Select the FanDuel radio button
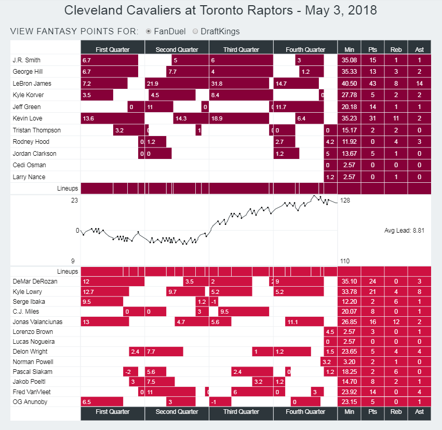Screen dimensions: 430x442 (x=149, y=31)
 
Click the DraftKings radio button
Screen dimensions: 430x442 (x=195, y=31)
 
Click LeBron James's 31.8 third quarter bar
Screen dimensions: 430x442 (x=238, y=84)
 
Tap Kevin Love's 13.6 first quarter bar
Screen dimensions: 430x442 (x=112, y=119)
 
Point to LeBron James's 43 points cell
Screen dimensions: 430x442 (x=372, y=84)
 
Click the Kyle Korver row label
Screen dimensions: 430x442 (x=28, y=96)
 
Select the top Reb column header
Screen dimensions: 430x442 (x=396, y=49)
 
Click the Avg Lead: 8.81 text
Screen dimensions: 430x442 (x=404, y=231)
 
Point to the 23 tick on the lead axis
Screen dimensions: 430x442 (x=74, y=200)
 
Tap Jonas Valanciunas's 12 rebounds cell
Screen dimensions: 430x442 (x=396, y=322)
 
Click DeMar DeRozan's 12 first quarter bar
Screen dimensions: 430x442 (x=112, y=281)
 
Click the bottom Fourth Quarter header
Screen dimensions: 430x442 (x=305, y=412)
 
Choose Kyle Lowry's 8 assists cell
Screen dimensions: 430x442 (x=419, y=291)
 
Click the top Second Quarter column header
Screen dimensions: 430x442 (x=177, y=49)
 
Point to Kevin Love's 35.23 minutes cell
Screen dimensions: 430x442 (x=349, y=119)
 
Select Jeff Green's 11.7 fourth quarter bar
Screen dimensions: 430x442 (x=298, y=107)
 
